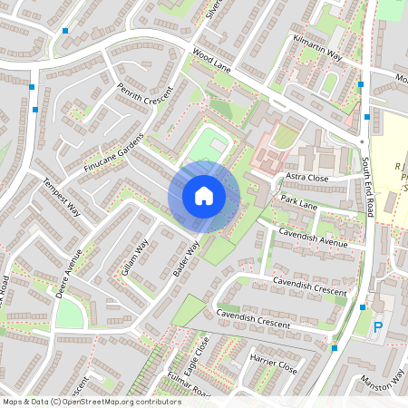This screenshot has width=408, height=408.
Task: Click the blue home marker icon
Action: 204,195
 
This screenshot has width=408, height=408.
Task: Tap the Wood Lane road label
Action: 211,62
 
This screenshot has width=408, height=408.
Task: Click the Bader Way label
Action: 185,262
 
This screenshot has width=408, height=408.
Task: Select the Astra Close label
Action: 306,177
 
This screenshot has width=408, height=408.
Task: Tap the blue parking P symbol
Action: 378,328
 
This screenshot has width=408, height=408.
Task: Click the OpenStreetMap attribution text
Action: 91,401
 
